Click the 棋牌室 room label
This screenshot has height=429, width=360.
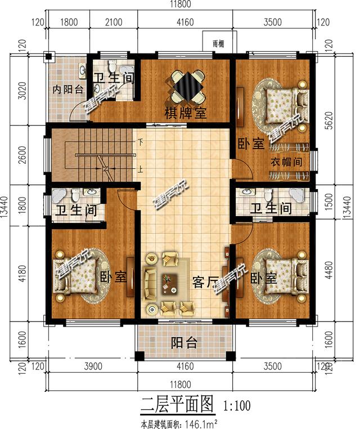point(185,113)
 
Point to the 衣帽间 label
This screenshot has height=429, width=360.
point(284,162)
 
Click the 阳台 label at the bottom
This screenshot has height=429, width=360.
point(184,342)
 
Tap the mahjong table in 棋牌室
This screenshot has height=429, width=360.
point(185,85)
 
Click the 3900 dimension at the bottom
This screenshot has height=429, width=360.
point(92,367)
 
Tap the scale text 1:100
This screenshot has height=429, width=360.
point(237,404)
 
